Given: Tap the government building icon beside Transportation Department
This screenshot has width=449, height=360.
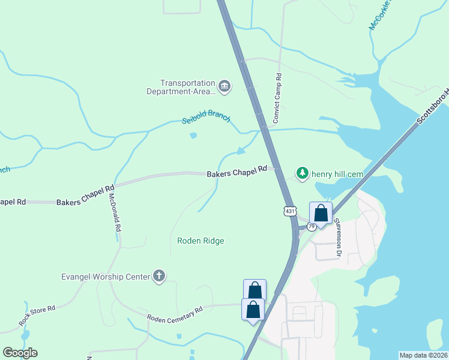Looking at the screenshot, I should (224, 87).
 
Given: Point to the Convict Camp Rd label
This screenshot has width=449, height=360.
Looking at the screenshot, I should (277, 98).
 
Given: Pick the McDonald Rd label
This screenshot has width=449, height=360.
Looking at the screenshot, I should (115, 208).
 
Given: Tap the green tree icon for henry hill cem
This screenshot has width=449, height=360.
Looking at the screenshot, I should (303, 173).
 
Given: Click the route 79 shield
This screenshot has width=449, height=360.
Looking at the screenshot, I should (311, 226).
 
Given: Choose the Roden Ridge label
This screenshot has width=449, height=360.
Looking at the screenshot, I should (200, 241).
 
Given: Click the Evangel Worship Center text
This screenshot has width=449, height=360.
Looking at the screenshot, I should (105, 277).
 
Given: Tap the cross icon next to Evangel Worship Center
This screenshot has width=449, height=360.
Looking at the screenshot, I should (159, 276).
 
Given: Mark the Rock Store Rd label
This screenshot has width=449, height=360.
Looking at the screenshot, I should (37, 315).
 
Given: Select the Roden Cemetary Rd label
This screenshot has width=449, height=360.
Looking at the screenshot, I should (175, 313).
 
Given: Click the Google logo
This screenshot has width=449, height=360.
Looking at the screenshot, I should (20, 353).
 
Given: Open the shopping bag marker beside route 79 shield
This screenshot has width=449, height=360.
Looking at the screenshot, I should (321, 214).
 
